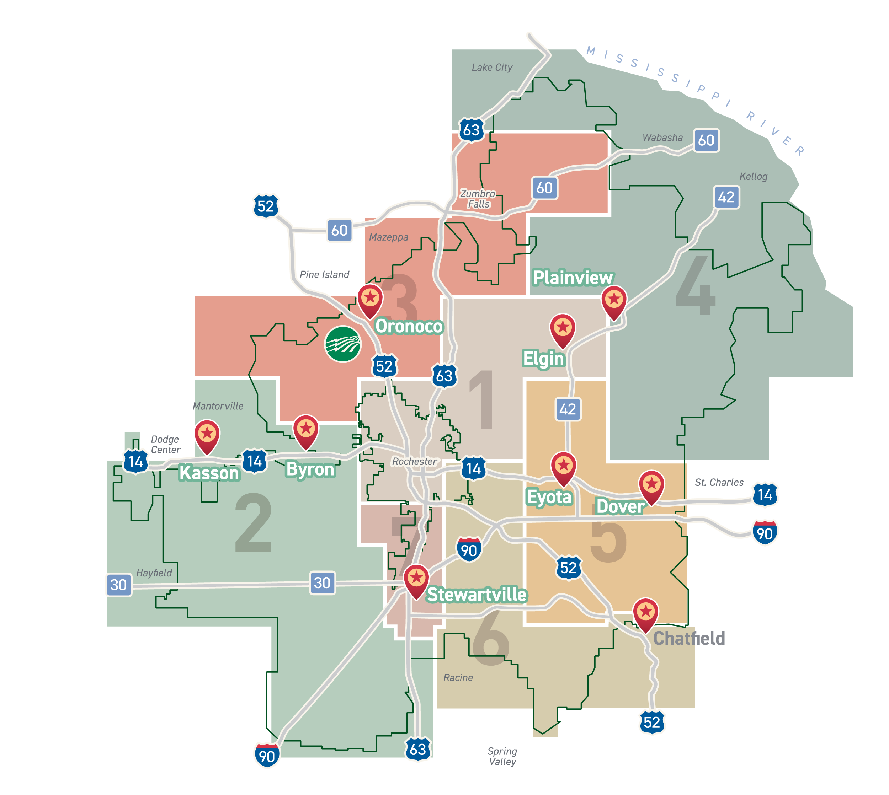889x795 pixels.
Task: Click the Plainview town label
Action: (573, 278)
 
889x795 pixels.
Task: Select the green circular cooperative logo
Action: (343, 344)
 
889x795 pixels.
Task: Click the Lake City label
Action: (492, 67)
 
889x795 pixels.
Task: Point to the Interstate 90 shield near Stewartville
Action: (469, 550)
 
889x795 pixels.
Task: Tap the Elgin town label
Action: (543, 359)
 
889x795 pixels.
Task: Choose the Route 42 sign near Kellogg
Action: (726, 197)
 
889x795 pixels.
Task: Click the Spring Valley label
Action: (502, 756)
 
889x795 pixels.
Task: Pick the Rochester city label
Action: (414, 461)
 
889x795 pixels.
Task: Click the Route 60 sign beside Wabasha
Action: (706, 140)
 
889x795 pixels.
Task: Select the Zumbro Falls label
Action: (478, 199)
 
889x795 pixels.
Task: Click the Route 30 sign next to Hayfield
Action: (118, 585)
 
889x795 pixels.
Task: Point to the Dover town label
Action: (620, 506)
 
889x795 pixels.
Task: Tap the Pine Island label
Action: (324, 274)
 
